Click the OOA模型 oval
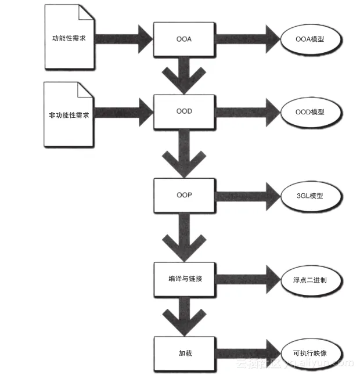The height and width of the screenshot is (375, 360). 309,39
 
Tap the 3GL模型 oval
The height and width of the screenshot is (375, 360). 309,196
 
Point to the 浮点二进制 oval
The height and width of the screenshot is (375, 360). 309,279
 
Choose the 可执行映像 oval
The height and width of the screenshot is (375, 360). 309,352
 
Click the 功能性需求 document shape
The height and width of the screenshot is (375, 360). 69,39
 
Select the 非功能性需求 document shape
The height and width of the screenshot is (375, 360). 69,114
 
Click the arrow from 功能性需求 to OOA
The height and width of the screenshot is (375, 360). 123,38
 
